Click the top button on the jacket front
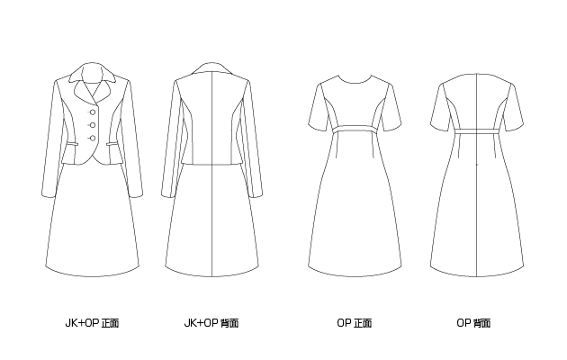pyautogui.click(x=93, y=112)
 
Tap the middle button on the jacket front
pyautogui.click(x=93, y=125)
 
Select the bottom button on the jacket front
pyautogui.click(x=93, y=138)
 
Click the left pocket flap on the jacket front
pyautogui.click(x=72, y=145)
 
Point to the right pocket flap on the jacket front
pyautogui.click(x=112, y=144)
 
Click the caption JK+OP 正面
pyautogui.click(x=92, y=323)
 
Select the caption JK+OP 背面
pyautogui.click(x=211, y=323)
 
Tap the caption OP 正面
pyautogui.click(x=354, y=323)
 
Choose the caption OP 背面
pyautogui.click(x=473, y=323)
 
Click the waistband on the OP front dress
pyautogui.click(x=355, y=130)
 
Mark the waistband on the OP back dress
pyautogui.click(x=477, y=131)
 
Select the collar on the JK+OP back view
pyautogui.click(x=211, y=69)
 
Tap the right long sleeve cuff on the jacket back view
pyautogui.click(x=256, y=194)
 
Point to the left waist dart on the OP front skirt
pyautogui.click(x=337, y=146)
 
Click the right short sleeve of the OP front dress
pyautogui.click(x=390, y=108)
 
